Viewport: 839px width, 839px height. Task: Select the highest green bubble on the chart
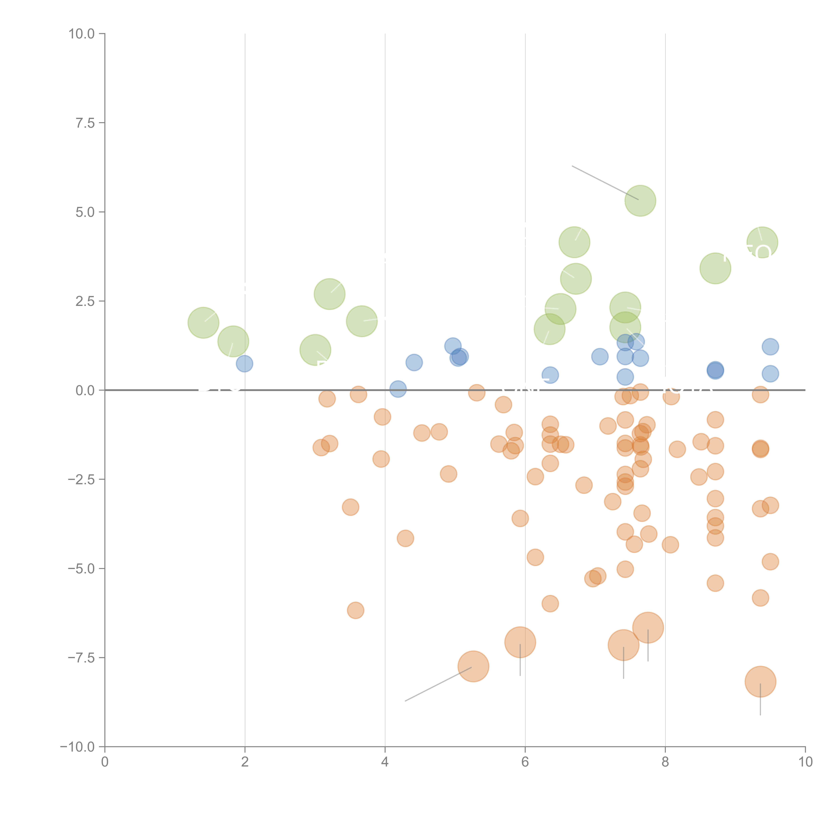coord(640,201)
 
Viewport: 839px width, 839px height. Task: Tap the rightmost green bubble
coord(762,242)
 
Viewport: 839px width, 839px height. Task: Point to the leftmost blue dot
coord(244,363)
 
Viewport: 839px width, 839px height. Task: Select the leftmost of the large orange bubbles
coord(473,667)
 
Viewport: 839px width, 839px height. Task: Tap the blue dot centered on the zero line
coord(398,389)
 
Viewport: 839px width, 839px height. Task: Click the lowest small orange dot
coord(355,610)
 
